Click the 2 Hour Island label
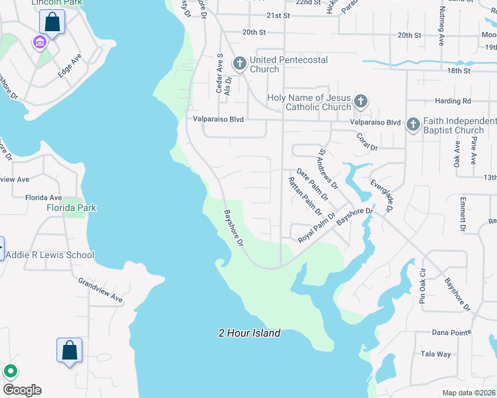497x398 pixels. point(249,333)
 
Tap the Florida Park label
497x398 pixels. point(71,208)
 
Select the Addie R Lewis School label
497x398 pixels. point(50,255)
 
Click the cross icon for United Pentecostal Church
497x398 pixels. point(239,64)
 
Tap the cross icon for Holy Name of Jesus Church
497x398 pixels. point(360,101)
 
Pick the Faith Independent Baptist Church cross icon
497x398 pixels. point(413,124)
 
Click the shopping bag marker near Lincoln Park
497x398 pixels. point(52,22)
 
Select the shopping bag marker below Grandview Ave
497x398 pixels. point(69,351)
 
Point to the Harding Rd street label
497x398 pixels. point(453,101)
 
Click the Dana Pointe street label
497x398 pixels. point(451,332)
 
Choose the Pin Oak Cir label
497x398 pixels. point(422,287)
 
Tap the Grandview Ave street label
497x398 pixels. point(100,290)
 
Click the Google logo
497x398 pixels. point(22,390)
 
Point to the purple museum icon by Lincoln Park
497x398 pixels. point(39,43)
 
